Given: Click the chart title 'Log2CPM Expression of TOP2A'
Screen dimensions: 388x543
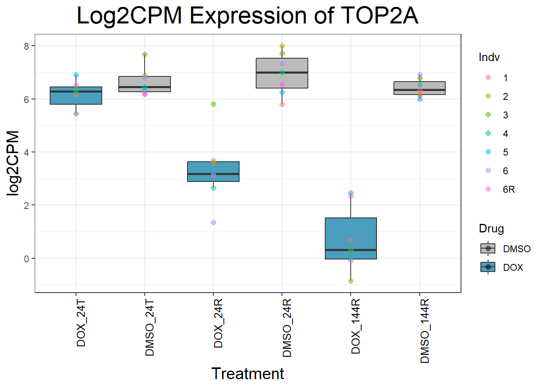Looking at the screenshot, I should (x=247, y=16).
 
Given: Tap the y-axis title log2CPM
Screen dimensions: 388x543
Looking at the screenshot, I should (x=13, y=163).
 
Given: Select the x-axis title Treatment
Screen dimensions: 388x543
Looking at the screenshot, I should (x=247, y=374).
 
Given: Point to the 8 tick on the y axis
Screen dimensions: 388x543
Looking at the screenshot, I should (x=27, y=46).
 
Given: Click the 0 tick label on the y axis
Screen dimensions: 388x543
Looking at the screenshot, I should (x=27, y=259).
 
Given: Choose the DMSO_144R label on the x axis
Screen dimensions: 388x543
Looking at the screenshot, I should (x=425, y=331).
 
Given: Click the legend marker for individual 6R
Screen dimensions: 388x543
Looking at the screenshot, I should (x=488, y=189).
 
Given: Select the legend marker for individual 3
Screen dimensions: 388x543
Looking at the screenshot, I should (x=488, y=115).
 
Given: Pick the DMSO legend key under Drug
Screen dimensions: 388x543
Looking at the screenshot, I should (x=488, y=249).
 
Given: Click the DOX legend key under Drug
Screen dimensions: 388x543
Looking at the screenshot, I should (x=488, y=267).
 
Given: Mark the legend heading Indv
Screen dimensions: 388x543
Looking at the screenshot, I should (x=489, y=57).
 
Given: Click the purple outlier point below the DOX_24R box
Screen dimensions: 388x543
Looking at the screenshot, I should (x=213, y=222).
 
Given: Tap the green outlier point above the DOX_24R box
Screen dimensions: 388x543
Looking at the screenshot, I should (x=213, y=104).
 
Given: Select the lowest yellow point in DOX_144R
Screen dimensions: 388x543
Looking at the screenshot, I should (x=351, y=281).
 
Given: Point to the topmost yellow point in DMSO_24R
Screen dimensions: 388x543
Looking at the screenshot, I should (x=282, y=46).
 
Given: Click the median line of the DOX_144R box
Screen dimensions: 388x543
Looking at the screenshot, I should (x=351, y=250).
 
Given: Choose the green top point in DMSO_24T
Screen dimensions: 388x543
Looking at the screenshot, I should (x=145, y=54).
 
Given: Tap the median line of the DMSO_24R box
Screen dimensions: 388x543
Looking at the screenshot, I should (x=282, y=73).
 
